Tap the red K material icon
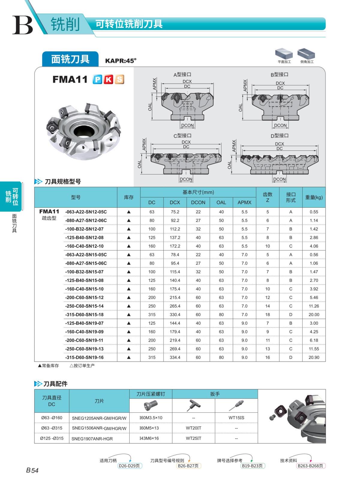tap(108, 79)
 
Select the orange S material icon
tap(119, 79)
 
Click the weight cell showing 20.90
tap(314, 357)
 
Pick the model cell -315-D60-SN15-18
tap(84, 314)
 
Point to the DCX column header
tap(175, 202)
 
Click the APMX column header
tap(244, 202)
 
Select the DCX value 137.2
tap(175, 237)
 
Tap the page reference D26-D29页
tap(129, 466)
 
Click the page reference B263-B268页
tap(310, 466)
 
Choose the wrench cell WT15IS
tap(236, 418)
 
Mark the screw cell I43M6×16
tap(151, 438)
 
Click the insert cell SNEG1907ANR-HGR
tap(92, 439)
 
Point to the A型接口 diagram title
tap(182, 74)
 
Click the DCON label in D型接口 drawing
tap(280, 179)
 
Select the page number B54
tap(32, 470)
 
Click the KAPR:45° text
tap(121, 61)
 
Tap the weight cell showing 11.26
tap(314, 306)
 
